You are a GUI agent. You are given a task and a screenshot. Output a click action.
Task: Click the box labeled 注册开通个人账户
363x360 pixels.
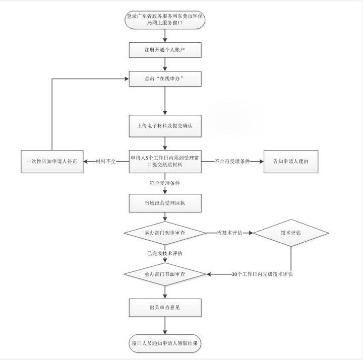click(x=165, y=50)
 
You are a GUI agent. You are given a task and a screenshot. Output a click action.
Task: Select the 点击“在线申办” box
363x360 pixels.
click(x=165, y=79)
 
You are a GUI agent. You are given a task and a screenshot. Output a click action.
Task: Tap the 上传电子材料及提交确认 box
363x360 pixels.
click(x=165, y=126)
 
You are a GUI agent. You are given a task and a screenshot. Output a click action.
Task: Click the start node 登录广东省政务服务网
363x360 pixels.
click(x=165, y=20)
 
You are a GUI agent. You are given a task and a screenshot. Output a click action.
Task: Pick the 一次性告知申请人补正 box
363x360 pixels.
click(x=52, y=162)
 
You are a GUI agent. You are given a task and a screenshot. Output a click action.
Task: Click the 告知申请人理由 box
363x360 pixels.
click(x=291, y=162)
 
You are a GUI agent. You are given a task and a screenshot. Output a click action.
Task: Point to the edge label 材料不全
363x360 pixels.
click(x=106, y=162)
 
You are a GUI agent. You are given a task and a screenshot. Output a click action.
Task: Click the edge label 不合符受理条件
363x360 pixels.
click(x=232, y=162)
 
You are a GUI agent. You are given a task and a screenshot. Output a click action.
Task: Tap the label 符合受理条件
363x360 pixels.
click(x=165, y=183)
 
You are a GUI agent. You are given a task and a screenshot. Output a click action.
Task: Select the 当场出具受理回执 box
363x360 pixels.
click(x=165, y=203)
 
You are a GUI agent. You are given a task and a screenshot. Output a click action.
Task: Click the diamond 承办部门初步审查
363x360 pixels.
click(x=165, y=233)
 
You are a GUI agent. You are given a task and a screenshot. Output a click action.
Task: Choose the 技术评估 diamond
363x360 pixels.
click(x=291, y=233)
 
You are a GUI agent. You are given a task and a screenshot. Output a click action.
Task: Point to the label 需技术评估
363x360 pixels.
click(x=230, y=233)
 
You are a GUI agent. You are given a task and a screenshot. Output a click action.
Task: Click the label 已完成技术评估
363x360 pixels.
click(x=165, y=253)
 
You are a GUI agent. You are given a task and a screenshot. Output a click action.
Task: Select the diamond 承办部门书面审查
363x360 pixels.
click(x=165, y=274)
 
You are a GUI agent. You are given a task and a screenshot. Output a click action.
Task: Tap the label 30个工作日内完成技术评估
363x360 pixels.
click(x=262, y=274)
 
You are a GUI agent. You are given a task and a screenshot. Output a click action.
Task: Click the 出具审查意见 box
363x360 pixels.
click(x=165, y=308)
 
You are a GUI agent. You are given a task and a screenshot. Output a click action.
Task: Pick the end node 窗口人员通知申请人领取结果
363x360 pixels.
click(x=165, y=343)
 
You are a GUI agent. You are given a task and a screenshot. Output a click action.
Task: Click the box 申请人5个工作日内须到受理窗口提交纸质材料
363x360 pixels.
click(x=165, y=162)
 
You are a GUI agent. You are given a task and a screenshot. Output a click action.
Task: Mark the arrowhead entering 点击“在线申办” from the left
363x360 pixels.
click(x=127, y=79)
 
